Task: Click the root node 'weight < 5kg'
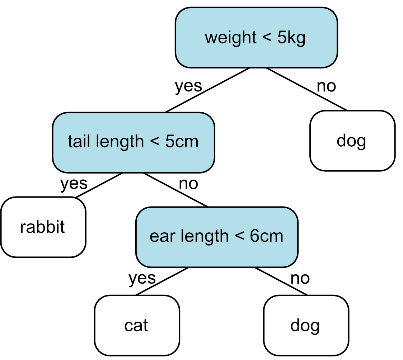(x=256, y=38)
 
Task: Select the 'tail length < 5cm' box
(x=133, y=142)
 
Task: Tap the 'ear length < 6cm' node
(x=217, y=237)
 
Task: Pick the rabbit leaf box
(x=43, y=227)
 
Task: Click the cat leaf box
(x=137, y=325)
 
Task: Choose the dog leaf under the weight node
(x=352, y=141)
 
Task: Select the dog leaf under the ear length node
(x=306, y=325)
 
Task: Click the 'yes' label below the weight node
(x=188, y=86)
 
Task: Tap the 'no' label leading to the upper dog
(x=326, y=86)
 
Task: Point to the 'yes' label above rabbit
(x=74, y=184)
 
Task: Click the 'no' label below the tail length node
(x=188, y=184)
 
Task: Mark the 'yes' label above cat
(x=142, y=278)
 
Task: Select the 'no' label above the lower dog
(x=300, y=278)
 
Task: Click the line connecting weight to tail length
(x=207, y=90)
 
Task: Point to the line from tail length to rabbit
(x=99, y=185)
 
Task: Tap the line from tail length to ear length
(x=175, y=190)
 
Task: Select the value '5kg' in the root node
(x=291, y=38)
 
